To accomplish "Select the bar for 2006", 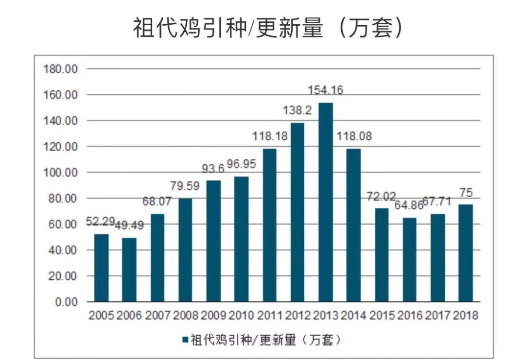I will coord(129,270).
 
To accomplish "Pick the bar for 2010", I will coord(242,239).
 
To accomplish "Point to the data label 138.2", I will coord(297,111).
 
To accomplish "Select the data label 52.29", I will coord(101,222).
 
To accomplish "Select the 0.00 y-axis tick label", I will coord(65,302).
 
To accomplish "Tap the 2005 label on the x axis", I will coord(101,315).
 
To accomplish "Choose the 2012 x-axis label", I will coord(297,315).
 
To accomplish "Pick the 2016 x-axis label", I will coord(410,315).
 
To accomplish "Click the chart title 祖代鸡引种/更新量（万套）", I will coord(268,28).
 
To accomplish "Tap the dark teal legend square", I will coord(185,340).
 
